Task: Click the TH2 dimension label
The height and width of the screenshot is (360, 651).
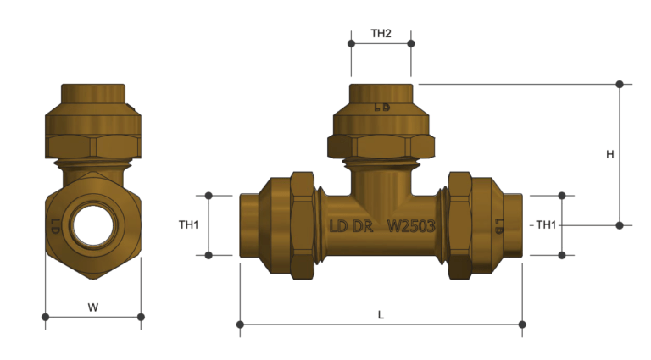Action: [381, 34]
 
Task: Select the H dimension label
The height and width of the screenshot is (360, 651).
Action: [609, 154]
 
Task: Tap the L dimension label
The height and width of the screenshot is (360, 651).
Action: [381, 314]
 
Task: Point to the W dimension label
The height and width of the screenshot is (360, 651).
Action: [93, 307]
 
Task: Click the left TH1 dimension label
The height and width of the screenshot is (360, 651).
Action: [188, 225]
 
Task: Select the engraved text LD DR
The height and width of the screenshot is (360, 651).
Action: [350, 226]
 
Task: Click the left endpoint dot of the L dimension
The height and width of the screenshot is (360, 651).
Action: [241, 324]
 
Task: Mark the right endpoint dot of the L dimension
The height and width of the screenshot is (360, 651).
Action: [522, 324]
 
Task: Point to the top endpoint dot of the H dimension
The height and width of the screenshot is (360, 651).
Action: [620, 84]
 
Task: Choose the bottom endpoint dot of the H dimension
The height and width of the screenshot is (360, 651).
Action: [620, 225]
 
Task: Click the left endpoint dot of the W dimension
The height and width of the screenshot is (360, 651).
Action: [45, 318]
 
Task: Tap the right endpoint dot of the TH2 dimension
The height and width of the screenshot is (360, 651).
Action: [411, 43]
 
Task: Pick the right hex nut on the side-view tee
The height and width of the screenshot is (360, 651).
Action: [459, 225]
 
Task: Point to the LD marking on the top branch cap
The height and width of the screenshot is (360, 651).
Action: [381, 108]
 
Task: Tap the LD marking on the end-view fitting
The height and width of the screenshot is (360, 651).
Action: [55, 227]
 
